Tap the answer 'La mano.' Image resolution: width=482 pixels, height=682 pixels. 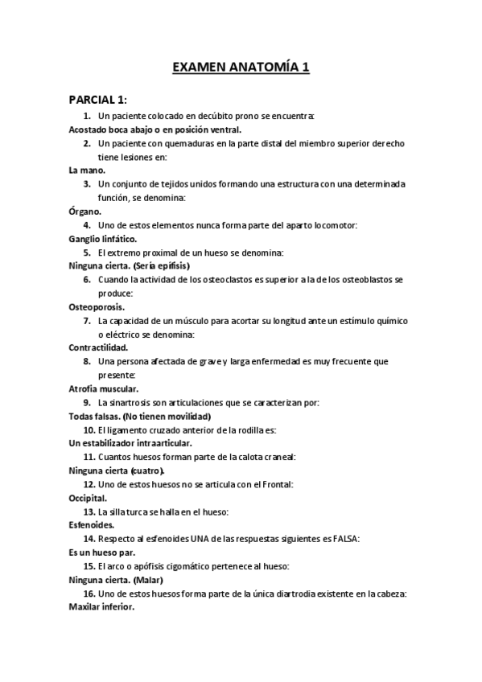[87, 170]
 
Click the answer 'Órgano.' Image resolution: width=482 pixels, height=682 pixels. [85, 212]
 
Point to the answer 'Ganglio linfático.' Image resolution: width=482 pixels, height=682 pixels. [103, 239]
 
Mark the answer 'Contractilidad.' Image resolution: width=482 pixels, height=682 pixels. [99, 347]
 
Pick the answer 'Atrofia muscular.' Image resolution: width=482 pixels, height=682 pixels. [104, 388]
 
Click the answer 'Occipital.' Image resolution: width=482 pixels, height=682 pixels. [89, 498]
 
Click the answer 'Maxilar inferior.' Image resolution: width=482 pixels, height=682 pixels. [101, 607]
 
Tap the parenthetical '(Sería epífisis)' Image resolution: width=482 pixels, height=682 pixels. [161, 266]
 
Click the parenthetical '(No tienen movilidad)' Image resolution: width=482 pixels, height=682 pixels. [168, 417]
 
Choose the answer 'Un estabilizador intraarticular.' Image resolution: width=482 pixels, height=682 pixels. [130, 443]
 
